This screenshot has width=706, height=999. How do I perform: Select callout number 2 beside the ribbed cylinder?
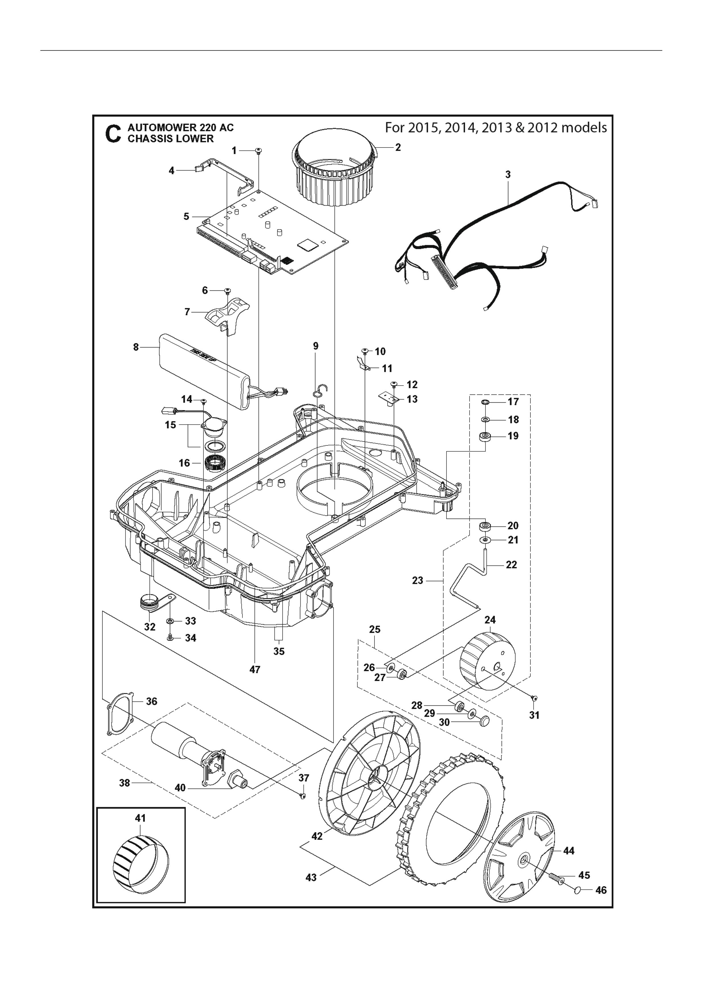(x=398, y=148)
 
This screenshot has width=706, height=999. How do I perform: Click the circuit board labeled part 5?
(x=278, y=231)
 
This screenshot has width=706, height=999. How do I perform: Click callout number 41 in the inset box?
(x=140, y=818)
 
